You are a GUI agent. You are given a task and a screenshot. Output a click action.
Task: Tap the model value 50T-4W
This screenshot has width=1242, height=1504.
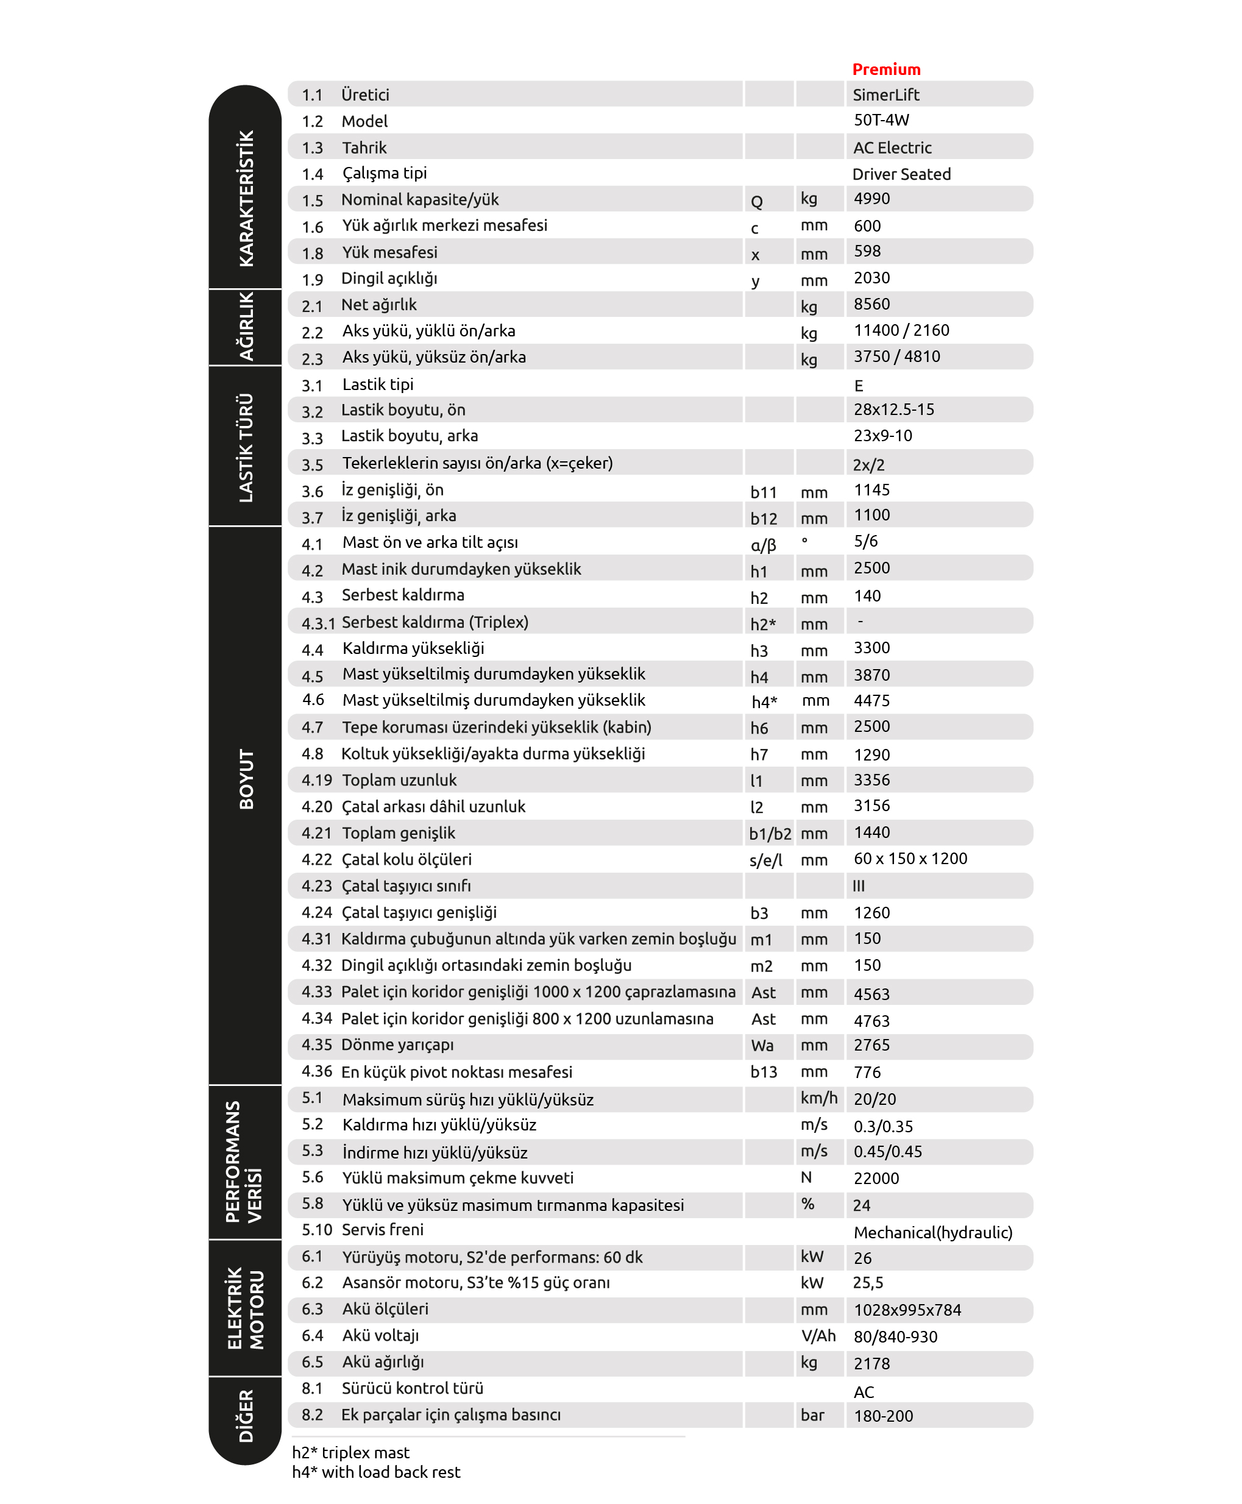pos(881,120)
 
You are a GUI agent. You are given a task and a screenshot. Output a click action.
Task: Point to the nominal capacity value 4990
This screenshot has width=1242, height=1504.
pos(871,199)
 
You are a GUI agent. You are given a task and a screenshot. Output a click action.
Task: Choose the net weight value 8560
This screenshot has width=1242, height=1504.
pos(871,304)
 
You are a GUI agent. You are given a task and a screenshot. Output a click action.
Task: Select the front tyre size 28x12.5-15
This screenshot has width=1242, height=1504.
pos(893,410)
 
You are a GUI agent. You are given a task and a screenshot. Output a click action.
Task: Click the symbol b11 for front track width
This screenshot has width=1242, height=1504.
pos(764,492)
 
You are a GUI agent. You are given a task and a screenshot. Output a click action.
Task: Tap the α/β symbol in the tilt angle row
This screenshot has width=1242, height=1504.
pos(764,545)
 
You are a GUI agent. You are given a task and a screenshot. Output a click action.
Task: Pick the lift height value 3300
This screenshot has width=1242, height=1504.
pos(871,648)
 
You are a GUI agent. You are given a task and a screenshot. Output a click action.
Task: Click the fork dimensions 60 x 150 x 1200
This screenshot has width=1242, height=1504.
pos(910,859)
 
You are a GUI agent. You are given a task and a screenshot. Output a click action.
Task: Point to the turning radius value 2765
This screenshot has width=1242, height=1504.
pos(871,1045)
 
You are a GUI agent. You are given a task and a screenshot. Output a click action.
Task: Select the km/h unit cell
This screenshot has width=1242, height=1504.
pos(818,1098)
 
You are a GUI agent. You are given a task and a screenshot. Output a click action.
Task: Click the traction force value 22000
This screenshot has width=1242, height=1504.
pos(876,1179)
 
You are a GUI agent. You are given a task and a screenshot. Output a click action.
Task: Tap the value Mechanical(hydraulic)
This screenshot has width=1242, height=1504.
pos(933,1232)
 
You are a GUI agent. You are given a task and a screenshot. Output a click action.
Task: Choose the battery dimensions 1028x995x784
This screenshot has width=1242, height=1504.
pos(907,1310)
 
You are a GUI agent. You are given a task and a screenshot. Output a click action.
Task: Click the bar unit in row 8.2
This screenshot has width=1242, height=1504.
pos(812,1415)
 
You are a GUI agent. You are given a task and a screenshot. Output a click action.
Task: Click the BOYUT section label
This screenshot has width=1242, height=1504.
pos(246,779)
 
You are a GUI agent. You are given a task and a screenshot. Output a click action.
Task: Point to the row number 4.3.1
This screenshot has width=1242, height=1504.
pos(318,623)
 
